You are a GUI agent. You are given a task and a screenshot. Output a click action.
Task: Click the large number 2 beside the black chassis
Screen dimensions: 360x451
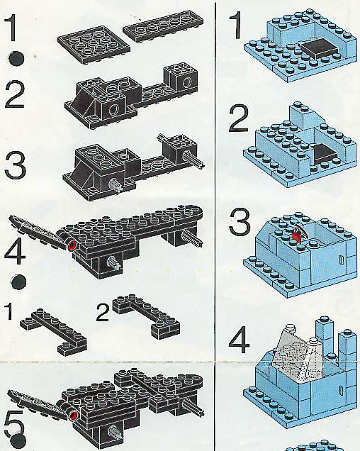click(14, 95)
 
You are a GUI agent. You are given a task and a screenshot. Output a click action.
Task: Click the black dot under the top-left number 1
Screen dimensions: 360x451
click(17, 59)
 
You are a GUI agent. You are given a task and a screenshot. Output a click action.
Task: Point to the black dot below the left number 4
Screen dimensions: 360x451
click(18, 282)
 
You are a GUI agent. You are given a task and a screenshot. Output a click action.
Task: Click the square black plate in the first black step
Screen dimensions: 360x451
click(94, 45)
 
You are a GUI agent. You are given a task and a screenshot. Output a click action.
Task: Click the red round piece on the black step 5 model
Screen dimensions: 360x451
click(74, 416)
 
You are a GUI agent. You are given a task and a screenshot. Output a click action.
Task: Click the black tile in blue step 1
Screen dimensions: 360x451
click(319, 49)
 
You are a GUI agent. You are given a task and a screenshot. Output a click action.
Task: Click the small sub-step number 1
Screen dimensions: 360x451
click(9, 312)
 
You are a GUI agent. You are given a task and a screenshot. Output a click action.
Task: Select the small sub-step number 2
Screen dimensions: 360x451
click(103, 313)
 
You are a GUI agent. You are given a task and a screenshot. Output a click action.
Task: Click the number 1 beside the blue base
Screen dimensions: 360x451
click(236, 26)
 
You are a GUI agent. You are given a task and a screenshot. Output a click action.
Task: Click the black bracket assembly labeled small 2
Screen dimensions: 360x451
click(146, 316)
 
